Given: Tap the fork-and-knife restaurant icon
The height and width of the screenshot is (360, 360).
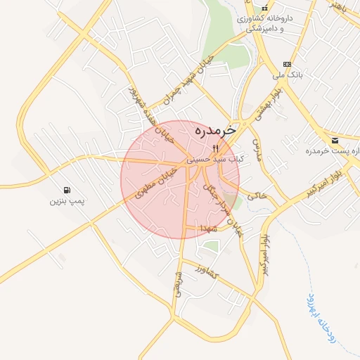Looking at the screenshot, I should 216,148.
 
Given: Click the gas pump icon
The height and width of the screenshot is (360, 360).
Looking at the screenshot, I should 66,190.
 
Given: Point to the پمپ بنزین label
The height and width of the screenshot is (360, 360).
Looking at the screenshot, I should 66,201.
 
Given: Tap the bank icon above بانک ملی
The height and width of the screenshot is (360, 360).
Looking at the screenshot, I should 286,63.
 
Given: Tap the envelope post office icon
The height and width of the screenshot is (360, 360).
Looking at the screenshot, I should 335,141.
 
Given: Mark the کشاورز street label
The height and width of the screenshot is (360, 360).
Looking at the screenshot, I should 207,271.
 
